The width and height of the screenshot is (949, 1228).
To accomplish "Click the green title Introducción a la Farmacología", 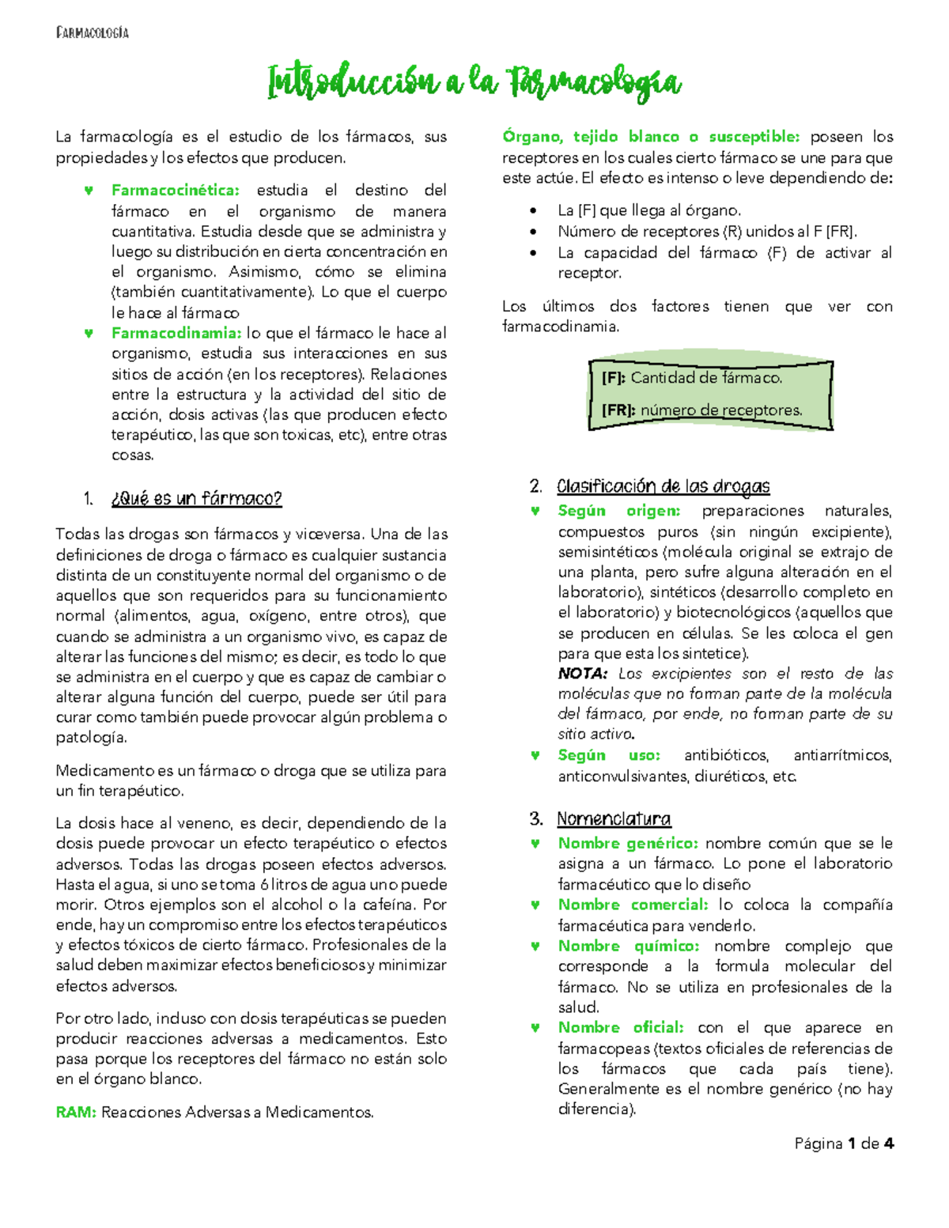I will point(475,82).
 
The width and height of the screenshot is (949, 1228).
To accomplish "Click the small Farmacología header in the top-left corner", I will point(93,32).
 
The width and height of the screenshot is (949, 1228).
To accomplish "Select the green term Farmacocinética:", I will point(176,191).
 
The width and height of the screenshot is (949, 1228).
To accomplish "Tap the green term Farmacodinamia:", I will point(176,334).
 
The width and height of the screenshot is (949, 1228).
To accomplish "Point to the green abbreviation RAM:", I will point(76,1113).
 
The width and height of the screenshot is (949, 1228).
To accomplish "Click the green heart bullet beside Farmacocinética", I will point(89,191).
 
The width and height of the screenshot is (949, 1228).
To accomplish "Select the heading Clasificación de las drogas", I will point(663,486).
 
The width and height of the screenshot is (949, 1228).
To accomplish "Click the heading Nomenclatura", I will point(614,819).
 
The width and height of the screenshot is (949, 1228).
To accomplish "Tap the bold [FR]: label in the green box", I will point(619,410).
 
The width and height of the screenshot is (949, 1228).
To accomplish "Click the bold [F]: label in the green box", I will point(614,378).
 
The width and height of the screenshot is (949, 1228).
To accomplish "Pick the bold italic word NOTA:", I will point(583,674).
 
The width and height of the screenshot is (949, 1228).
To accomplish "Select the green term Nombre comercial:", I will point(633,905).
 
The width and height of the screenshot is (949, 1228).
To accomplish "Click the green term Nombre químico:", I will point(628,947).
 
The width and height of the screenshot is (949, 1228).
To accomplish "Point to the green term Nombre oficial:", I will point(621,1028).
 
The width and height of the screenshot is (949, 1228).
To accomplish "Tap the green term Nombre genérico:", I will point(628,844).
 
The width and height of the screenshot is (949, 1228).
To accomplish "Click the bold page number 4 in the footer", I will point(889,1143).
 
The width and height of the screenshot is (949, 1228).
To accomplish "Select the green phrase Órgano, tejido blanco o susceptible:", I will point(652,137).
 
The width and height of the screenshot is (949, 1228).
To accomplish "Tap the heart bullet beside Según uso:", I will point(535,756).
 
